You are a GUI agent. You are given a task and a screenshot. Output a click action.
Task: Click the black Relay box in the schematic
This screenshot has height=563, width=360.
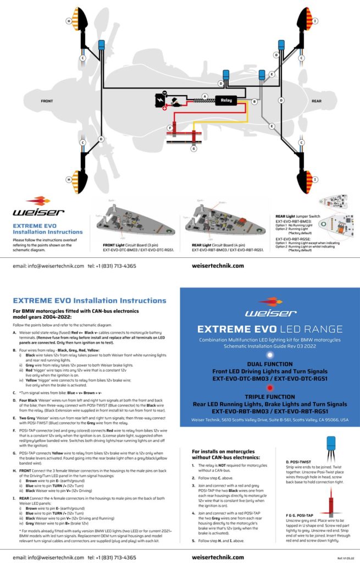click(x=226, y=101)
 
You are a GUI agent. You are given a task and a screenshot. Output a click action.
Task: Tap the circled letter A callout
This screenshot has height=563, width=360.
click(x=204, y=96)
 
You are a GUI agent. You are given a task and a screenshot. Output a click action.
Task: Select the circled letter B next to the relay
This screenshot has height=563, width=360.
click(x=254, y=102)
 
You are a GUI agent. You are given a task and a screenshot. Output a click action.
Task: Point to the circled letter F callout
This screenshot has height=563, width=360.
click(x=170, y=128)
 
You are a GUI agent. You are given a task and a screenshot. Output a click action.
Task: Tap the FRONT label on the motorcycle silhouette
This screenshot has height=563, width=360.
click(x=47, y=101)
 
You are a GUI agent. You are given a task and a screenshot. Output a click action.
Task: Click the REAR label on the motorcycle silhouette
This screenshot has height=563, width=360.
click(x=317, y=101)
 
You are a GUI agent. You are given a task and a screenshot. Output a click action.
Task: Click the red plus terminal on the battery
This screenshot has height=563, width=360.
click(x=164, y=108)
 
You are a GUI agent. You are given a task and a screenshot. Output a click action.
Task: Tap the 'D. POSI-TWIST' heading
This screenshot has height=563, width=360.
click(x=299, y=461)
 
